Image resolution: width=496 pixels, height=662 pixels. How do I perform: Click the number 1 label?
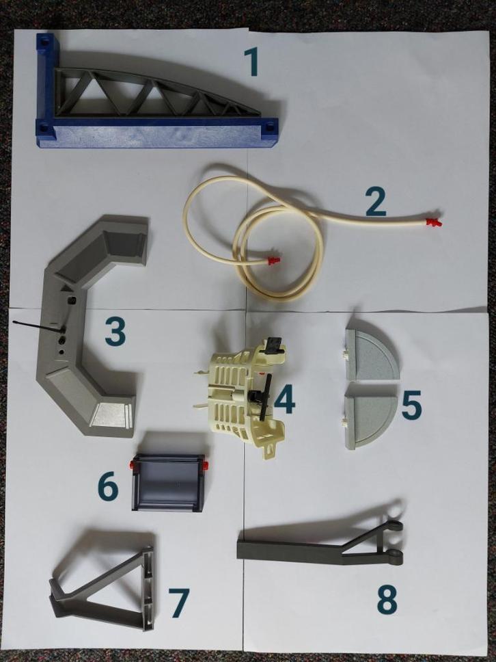(x=252, y=62)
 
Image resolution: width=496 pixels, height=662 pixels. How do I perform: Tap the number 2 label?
(x=376, y=201)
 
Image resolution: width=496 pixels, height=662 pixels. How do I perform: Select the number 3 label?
(x=115, y=332)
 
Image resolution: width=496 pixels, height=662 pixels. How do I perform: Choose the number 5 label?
(x=411, y=405)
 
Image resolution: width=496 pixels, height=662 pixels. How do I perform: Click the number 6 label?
(x=108, y=487)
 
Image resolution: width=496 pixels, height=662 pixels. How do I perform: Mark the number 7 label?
(x=179, y=603)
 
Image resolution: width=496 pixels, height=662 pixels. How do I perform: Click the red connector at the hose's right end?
(x=432, y=222)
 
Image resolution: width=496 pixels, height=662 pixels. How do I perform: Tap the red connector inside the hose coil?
(x=274, y=261)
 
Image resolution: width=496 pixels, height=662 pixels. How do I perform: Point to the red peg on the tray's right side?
(x=206, y=465)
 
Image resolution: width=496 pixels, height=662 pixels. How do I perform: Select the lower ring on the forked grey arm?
(x=396, y=557)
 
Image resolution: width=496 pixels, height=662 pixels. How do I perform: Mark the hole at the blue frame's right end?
(x=269, y=125)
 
